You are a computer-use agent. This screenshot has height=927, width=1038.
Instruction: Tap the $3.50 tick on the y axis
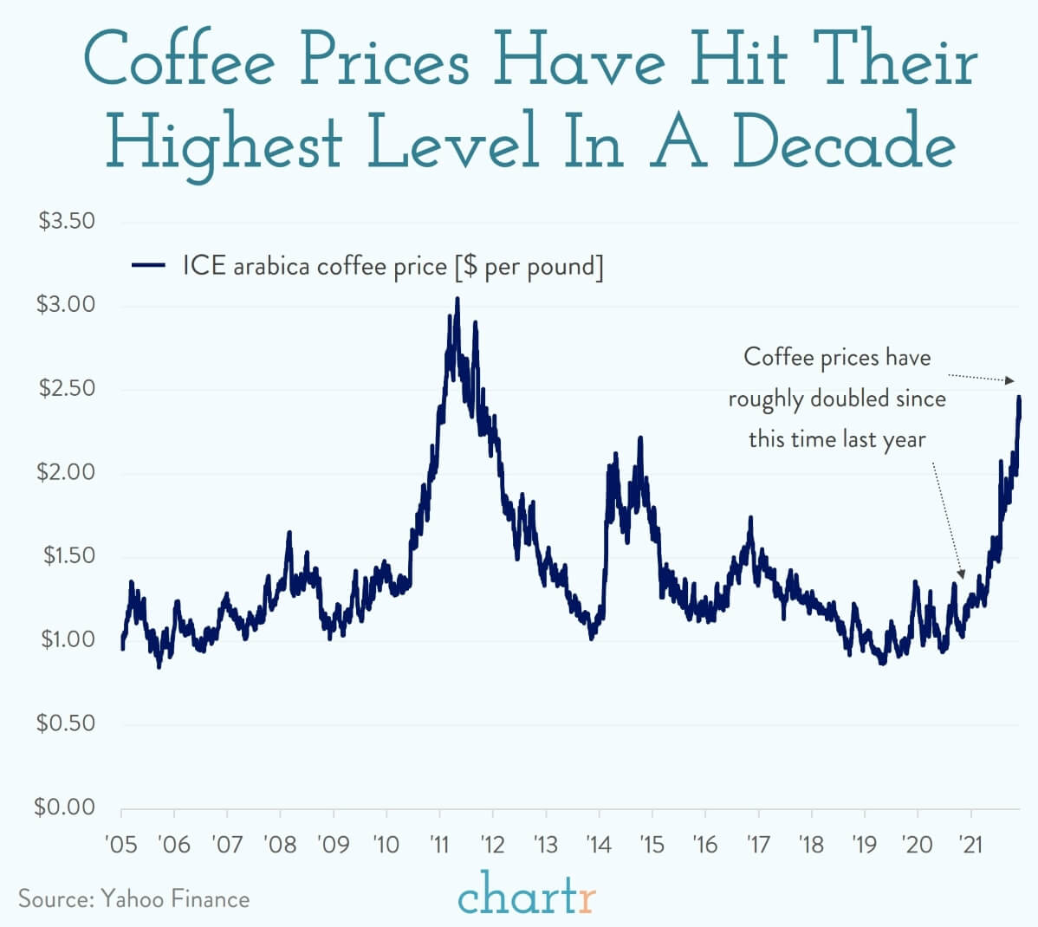coord(67,221)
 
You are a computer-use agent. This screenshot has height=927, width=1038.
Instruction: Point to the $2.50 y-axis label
coord(67,388)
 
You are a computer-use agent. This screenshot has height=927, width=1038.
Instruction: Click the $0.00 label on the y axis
coord(65,807)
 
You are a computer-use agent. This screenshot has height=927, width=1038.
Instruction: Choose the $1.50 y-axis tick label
coord(67,555)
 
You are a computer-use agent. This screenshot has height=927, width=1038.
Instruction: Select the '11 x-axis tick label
coord(439,843)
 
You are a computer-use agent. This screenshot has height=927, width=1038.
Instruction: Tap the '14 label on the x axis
coord(599,843)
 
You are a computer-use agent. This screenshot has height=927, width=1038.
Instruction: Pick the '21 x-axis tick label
coord(970,843)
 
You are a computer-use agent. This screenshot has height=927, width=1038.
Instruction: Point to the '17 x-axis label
coord(758,843)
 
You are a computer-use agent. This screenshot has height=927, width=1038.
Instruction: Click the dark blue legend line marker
coord(148,265)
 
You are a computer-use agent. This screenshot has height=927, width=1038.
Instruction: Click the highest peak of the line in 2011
coord(457,299)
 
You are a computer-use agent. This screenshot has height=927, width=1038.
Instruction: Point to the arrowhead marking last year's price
coord(961,574)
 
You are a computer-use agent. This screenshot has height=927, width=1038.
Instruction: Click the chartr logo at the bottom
coord(527,897)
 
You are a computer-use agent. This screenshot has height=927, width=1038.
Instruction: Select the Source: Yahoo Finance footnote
coord(133,898)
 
